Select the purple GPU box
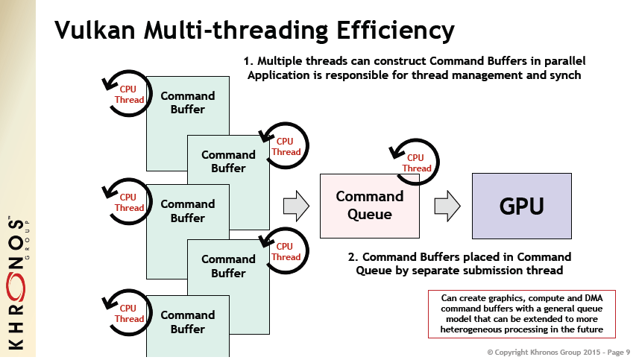(x=521, y=206)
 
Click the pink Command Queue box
(x=369, y=206)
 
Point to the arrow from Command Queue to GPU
(x=446, y=206)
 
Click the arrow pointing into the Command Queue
(x=296, y=206)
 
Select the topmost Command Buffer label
(x=187, y=102)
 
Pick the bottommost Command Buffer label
(x=187, y=321)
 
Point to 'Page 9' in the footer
(x=614, y=350)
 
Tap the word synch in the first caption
(x=564, y=75)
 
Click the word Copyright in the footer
(x=514, y=350)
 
